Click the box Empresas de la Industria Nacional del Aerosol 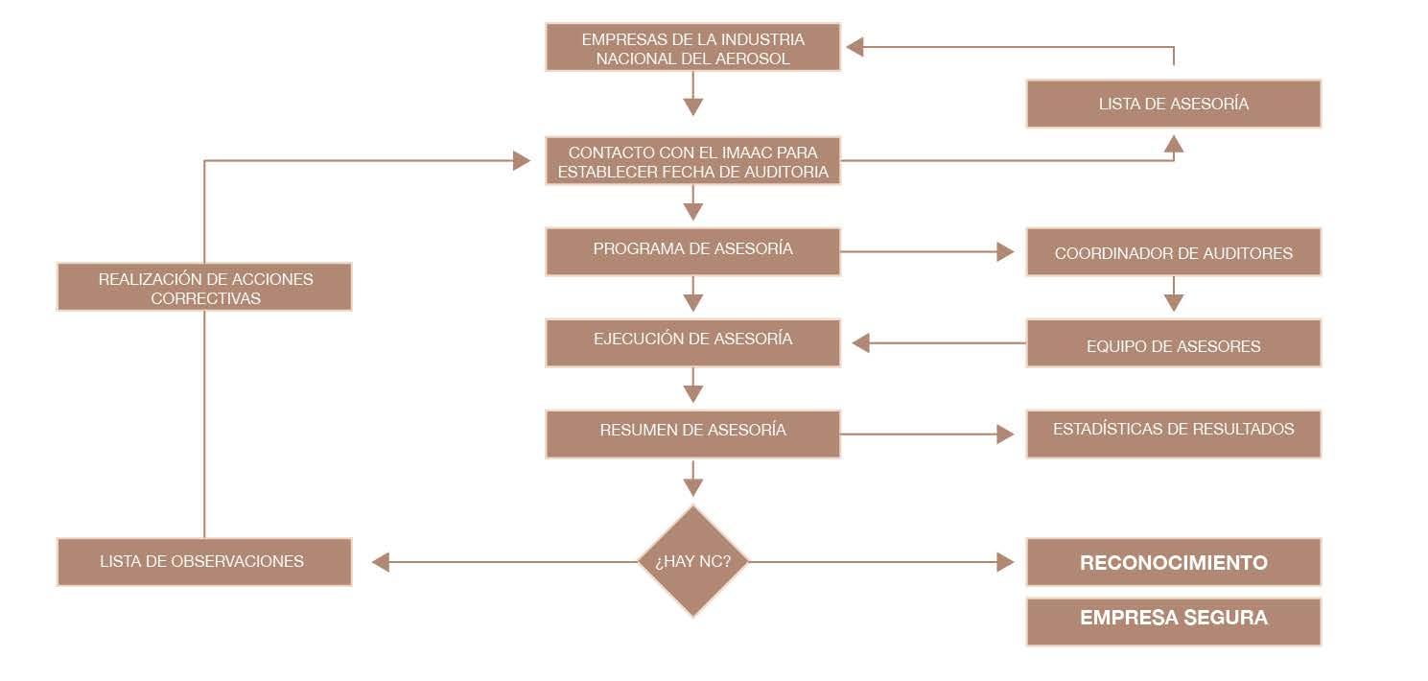[x=692, y=47]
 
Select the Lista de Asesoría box [x=1173, y=104]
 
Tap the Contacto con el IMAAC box [x=692, y=161]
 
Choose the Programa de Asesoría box [x=692, y=251]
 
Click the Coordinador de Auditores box [x=1173, y=252]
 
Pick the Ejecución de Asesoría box [x=692, y=342]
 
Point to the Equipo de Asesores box [x=1173, y=343]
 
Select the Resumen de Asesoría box [x=692, y=434]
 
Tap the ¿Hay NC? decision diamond [x=692, y=561]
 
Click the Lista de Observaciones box [x=203, y=562]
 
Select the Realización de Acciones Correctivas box [x=203, y=287]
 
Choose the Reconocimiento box [x=1173, y=562]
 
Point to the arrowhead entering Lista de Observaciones [x=381, y=562]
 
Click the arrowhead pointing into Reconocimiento [x=1005, y=562]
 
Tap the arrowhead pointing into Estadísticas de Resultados [x=1005, y=434]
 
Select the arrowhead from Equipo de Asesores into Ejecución [x=861, y=342]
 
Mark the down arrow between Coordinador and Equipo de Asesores [x=1173, y=302]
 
